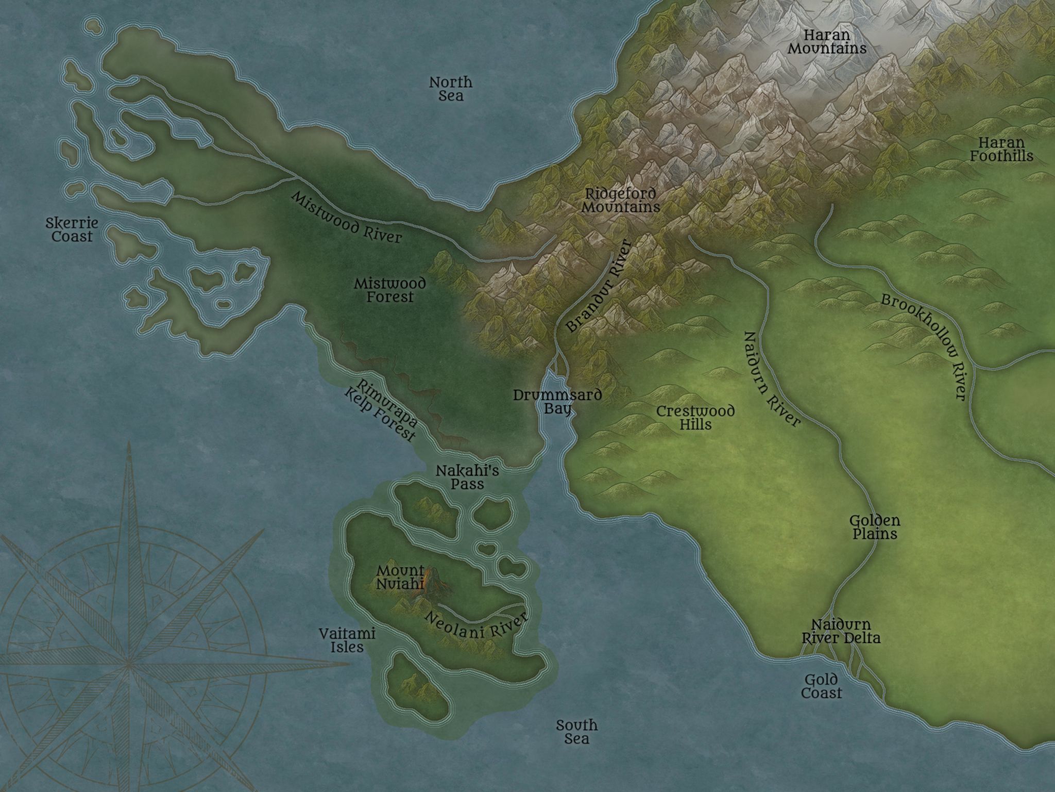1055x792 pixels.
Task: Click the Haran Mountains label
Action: click(x=827, y=42)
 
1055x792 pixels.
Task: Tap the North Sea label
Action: click(x=451, y=89)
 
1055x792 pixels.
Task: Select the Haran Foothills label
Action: click(x=1001, y=149)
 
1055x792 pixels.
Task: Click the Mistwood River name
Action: click(x=346, y=217)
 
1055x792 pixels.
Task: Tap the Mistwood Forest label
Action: click(x=390, y=290)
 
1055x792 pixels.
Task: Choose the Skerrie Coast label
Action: click(x=72, y=230)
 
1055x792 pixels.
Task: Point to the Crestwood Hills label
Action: click(x=695, y=418)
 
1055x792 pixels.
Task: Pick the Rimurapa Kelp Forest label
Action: click(x=381, y=411)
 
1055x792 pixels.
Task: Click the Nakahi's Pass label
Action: click(x=467, y=477)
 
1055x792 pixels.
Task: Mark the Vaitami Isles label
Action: click(x=347, y=640)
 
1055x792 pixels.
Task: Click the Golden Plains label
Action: click(x=874, y=527)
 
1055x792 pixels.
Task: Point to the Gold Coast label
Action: click(x=821, y=686)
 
